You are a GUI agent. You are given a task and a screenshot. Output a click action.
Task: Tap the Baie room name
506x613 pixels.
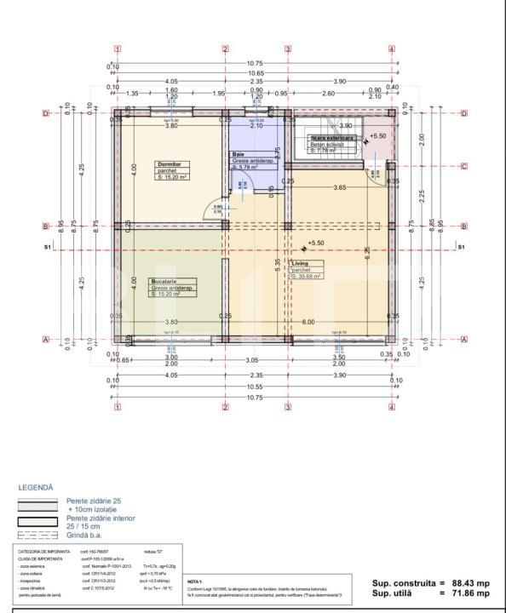[239, 154]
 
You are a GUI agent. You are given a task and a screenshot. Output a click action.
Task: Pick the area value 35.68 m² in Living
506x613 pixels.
[307, 277]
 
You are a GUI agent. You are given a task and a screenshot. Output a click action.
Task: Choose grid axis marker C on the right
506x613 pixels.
[463, 167]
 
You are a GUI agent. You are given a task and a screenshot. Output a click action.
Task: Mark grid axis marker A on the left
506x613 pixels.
[44, 339]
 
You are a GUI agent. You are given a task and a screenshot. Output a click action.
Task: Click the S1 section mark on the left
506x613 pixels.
[48, 248]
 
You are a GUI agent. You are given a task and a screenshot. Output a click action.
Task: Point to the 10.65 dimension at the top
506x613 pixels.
[255, 74]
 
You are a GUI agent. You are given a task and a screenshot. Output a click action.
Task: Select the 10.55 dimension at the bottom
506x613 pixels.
[255, 387]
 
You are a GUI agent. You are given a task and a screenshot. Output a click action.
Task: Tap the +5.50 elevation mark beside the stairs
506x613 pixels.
[378, 135]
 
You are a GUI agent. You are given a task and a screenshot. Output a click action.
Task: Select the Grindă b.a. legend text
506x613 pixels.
[87, 536]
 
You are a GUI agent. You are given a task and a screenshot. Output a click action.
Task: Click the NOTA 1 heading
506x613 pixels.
[195, 581]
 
